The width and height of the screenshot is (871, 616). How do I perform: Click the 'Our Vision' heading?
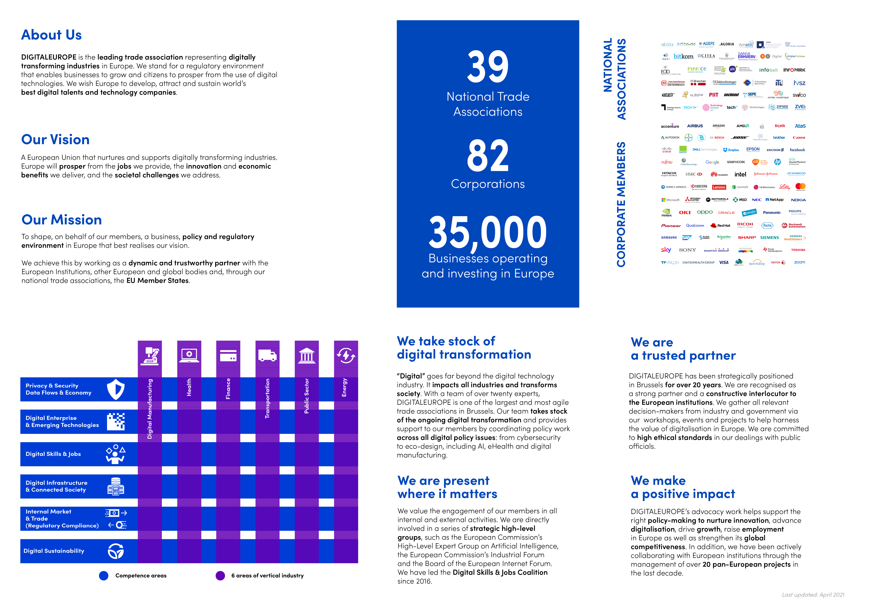point(55,140)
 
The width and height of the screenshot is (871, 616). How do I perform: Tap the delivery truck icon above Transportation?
point(267,356)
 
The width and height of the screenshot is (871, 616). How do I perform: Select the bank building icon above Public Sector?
point(307,356)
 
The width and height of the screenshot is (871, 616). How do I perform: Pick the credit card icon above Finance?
point(228,356)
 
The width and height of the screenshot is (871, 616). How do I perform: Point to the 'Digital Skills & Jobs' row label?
point(53,454)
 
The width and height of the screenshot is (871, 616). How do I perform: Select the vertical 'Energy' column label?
point(345,388)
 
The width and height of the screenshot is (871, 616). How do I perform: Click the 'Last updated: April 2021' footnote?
point(813,595)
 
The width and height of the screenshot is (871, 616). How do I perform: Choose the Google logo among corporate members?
point(712,162)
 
